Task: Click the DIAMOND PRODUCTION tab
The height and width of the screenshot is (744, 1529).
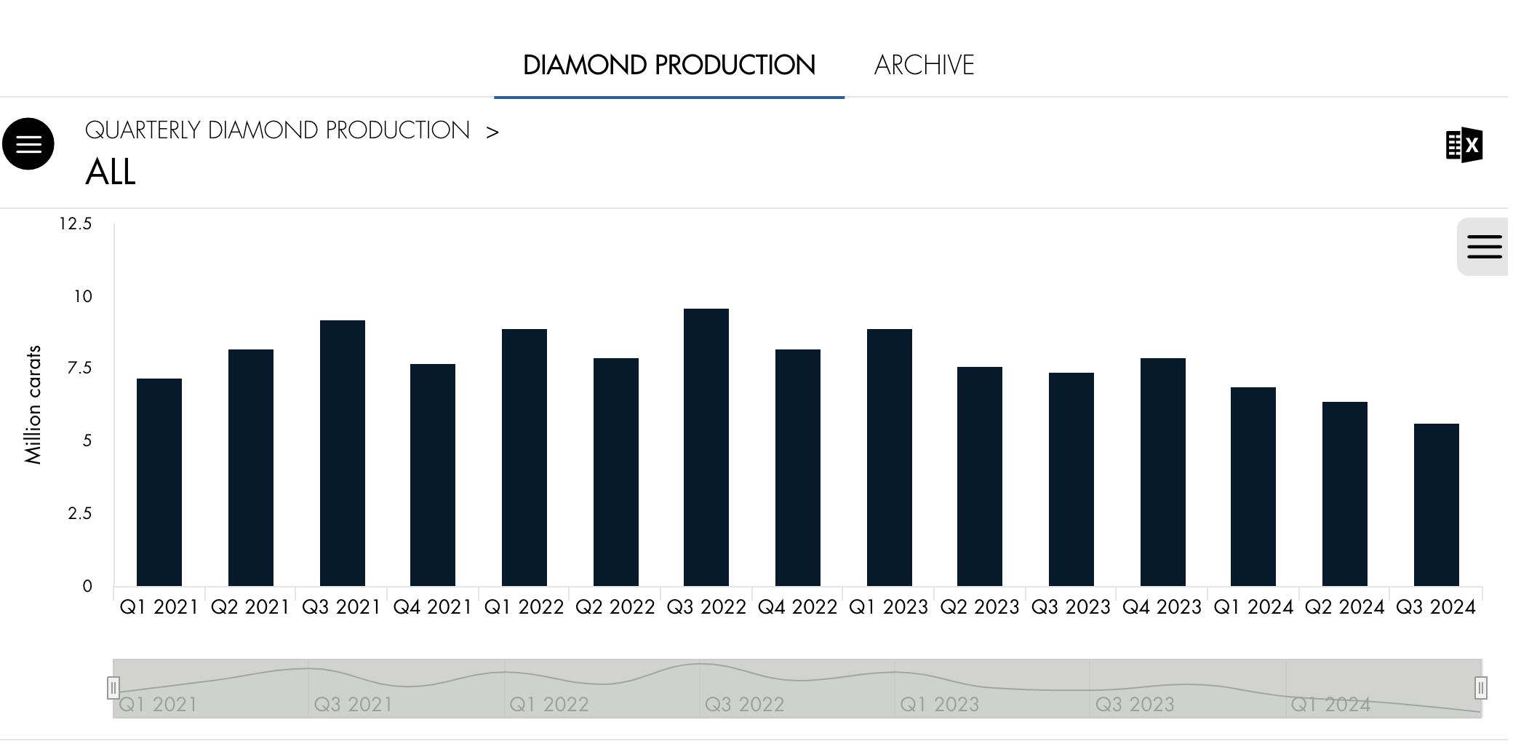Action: pos(669,66)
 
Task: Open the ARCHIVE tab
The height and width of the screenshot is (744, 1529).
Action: pos(924,66)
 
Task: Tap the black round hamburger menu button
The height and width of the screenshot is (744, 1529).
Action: pos(28,144)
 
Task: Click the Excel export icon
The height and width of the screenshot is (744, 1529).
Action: pos(1464,146)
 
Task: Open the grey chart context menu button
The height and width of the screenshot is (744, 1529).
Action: pos(1484,247)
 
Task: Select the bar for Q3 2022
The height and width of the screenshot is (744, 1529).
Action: pos(706,448)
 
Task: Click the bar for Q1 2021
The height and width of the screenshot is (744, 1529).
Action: pos(159,482)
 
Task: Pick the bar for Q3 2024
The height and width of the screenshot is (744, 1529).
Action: pos(1437,504)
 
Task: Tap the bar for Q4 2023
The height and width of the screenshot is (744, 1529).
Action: pos(1163,472)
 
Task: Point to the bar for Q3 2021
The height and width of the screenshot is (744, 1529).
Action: pos(343,453)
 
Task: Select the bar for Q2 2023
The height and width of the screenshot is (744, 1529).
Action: pos(980,476)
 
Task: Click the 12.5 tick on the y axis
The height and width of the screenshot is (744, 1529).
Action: pos(76,224)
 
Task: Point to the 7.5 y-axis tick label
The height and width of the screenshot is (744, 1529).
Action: pos(80,368)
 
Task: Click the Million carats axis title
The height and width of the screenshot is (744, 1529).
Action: pos(33,405)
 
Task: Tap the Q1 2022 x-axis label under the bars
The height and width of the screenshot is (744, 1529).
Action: pos(524,607)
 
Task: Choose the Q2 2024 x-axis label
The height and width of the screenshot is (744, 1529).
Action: pos(1344,607)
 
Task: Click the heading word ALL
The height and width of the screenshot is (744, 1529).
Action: pos(111,173)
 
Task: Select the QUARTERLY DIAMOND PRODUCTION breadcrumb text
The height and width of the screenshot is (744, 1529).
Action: pos(277,130)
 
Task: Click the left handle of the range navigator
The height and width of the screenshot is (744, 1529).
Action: pos(113,687)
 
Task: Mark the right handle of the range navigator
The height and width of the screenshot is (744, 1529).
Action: pos(1481,687)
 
